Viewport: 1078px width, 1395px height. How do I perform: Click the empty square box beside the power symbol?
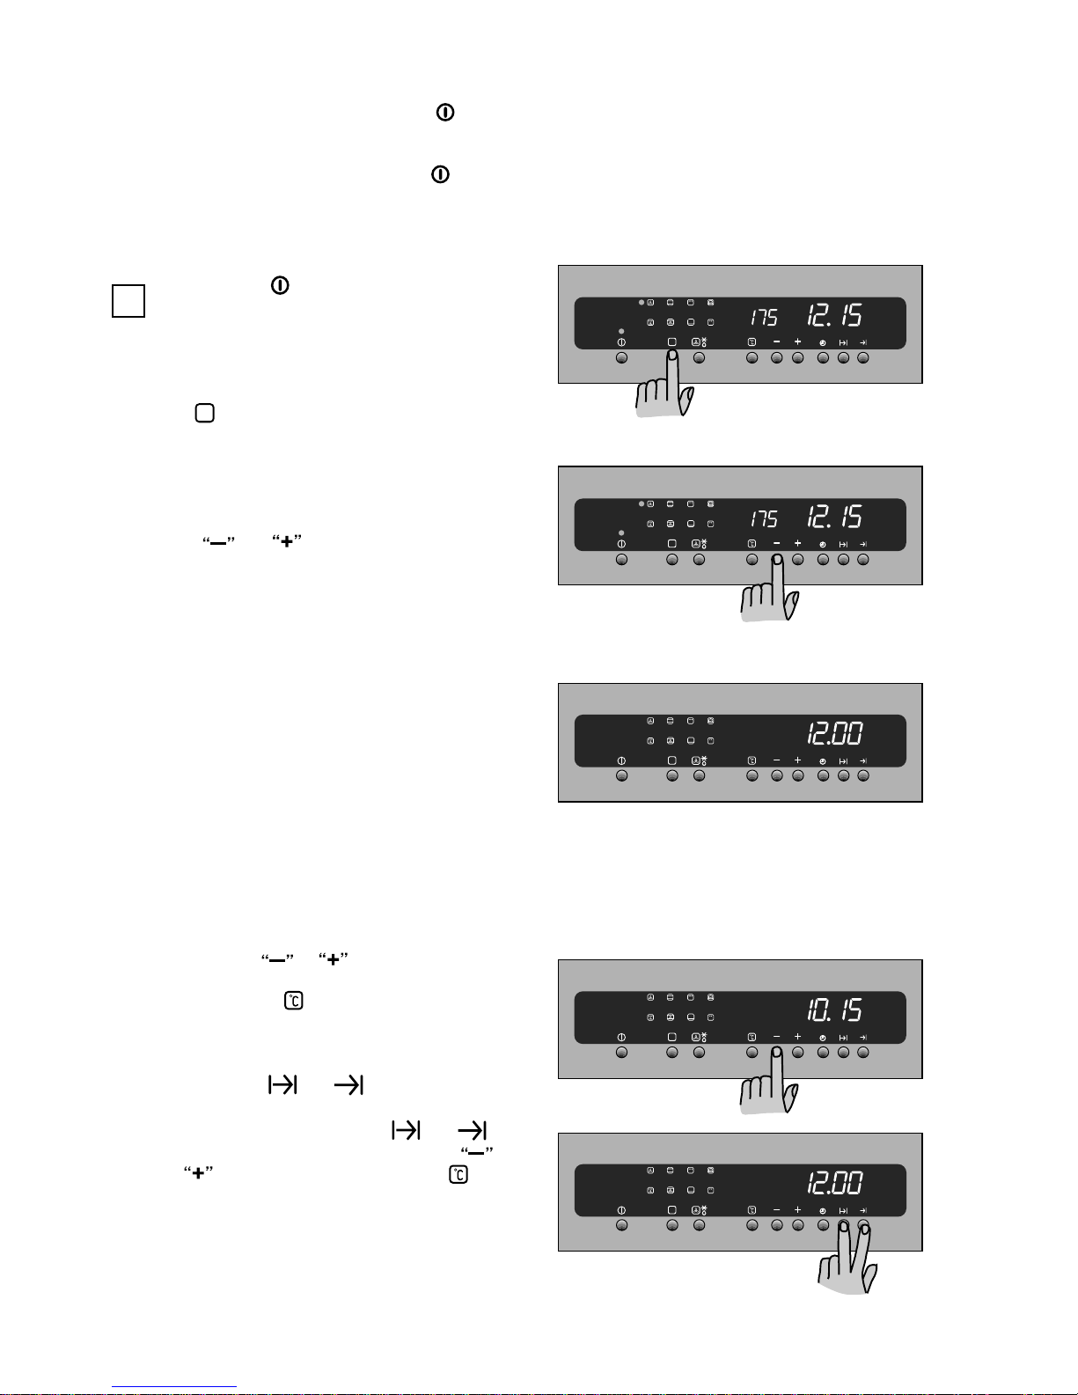point(128,301)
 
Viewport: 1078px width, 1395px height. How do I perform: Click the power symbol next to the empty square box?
point(280,285)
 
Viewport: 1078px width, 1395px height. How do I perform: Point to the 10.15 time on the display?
point(834,1010)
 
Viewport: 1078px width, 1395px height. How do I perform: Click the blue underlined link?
point(174,1386)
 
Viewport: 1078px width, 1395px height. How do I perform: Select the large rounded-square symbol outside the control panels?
point(205,413)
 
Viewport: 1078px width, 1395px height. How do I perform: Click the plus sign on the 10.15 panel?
point(797,1037)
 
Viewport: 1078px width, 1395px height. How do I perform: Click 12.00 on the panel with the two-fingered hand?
point(834,1183)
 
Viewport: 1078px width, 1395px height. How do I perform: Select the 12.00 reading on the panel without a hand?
point(834,734)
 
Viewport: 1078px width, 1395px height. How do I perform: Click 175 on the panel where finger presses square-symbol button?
point(764,317)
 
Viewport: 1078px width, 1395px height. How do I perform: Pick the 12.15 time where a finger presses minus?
point(834,517)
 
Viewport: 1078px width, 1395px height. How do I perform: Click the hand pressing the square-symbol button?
point(664,385)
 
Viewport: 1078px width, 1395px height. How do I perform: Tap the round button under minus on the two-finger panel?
point(777,1225)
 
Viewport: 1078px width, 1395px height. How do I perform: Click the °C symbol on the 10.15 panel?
point(752,1037)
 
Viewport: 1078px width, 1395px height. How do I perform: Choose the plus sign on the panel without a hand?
point(797,760)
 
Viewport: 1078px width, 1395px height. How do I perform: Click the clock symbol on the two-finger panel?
point(823,1211)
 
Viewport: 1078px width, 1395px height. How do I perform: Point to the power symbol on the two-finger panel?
point(621,1210)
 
